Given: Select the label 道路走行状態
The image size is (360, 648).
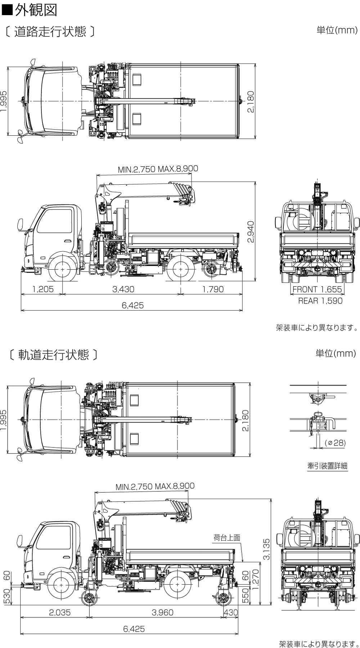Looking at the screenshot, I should [50, 32].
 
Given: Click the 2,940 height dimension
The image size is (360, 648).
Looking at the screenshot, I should [251, 231].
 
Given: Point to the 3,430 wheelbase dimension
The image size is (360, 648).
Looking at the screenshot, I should [123, 289].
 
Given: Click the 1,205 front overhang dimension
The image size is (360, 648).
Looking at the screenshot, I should [43, 289].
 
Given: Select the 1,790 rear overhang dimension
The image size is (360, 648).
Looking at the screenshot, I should [213, 289].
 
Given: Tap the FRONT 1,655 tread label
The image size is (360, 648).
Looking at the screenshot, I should [317, 289].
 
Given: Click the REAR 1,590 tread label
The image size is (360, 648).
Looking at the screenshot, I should [320, 301].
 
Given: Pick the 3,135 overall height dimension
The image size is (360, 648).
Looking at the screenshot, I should [266, 549].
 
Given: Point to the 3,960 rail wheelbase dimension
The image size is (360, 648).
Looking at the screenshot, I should [162, 612].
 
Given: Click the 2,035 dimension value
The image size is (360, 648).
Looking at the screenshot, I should [60, 612].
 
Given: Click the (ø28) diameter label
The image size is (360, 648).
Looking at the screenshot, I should [335, 443].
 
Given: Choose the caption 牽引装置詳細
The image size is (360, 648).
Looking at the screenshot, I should [327, 466].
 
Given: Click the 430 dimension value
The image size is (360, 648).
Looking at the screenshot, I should [231, 612].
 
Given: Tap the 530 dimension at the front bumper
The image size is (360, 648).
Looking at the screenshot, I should [6, 596].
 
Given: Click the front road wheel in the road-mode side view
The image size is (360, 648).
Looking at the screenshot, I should [63, 269].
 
